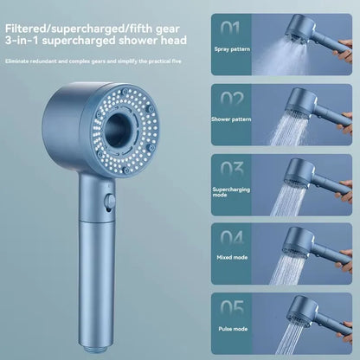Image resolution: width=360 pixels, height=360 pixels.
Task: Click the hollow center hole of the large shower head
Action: (125, 135)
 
